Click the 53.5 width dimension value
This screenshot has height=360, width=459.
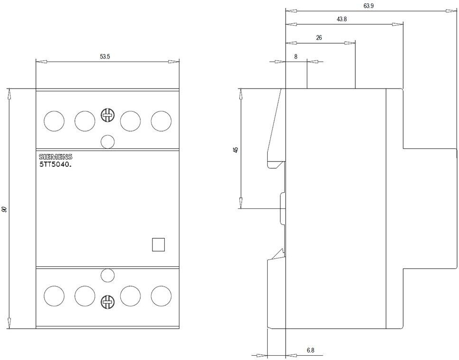click(x=105, y=56)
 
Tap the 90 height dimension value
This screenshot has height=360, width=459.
click(x=4, y=209)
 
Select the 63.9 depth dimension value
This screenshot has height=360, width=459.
click(x=369, y=6)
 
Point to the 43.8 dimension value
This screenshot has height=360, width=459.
click(x=342, y=19)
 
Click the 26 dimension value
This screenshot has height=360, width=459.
click(x=319, y=38)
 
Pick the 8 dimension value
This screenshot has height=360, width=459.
click(x=296, y=56)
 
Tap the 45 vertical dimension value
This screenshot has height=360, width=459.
click(x=236, y=150)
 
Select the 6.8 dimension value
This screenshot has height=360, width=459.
click(x=311, y=350)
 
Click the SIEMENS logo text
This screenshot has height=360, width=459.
click(x=55, y=157)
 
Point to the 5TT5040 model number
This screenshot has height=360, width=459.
click(x=55, y=164)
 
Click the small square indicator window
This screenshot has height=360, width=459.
click(x=158, y=245)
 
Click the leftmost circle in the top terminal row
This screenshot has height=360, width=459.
click(x=54, y=121)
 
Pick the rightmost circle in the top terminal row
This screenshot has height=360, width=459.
click(x=161, y=121)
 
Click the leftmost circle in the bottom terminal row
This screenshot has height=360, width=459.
click(x=54, y=296)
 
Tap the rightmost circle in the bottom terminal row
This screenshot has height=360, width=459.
click(x=161, y=296)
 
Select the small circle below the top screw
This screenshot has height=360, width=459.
click(x=108, y=142)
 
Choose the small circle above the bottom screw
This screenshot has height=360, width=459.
click(x=108, y=275)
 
